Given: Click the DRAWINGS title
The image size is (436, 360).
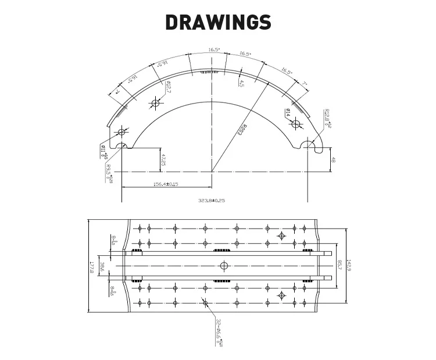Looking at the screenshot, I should (218, 22).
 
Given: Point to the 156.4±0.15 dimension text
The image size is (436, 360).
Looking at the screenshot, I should (166, 184).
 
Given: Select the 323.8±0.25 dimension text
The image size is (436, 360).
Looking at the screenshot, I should (212, 199).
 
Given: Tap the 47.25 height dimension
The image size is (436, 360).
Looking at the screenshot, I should (163, 160).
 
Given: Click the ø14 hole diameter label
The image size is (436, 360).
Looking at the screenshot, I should (288, 112).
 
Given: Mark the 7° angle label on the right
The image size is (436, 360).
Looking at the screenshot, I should (304, 84).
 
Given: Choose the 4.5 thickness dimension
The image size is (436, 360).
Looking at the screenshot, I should (241, 82).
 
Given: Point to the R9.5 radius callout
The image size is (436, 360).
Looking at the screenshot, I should (109, 173).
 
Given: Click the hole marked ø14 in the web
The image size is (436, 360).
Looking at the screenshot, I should (295, 123).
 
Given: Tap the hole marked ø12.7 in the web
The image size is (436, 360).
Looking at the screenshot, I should (155, 104).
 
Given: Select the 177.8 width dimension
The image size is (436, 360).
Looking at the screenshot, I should (92, 267).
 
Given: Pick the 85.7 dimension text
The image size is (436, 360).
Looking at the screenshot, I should (339, 266).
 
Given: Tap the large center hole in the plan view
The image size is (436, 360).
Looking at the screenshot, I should (224, 266).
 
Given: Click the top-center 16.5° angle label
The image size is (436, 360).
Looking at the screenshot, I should (214, 50).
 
